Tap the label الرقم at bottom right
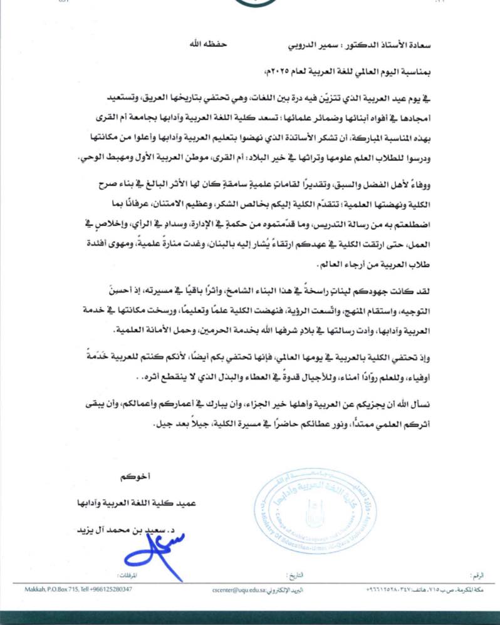click(477, 574)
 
